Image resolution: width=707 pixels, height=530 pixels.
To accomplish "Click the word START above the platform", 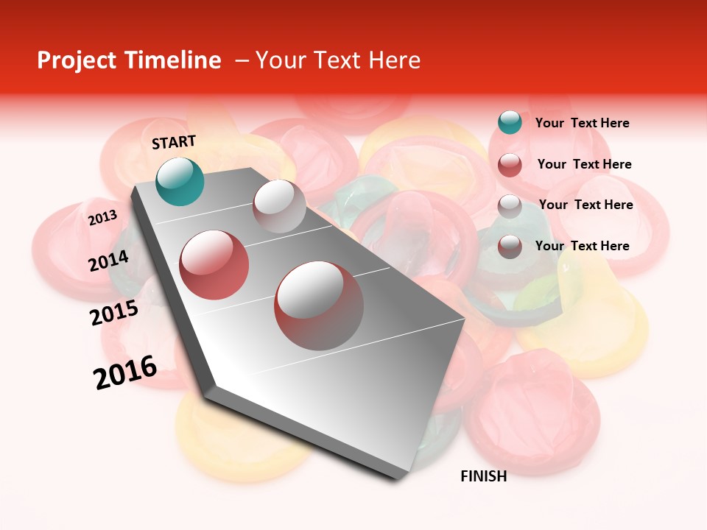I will [174, 142].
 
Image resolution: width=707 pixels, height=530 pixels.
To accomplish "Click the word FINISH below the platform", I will [484, 476].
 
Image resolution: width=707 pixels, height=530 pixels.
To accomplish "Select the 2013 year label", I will [102, 218].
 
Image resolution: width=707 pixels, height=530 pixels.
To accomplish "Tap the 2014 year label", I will [109, 261].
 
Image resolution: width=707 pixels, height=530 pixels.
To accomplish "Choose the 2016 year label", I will [125, 372].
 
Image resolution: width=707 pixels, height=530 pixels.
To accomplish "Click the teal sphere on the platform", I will [180, 181].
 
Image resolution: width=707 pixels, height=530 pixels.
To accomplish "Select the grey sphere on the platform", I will [279, 206].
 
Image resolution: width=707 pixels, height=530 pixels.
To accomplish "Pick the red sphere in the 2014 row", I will [214, 265].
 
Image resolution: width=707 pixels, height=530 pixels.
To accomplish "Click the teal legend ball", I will [510, 122].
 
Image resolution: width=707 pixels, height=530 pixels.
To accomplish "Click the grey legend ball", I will [510, 206].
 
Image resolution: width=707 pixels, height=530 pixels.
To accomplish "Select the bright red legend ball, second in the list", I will [510, 165].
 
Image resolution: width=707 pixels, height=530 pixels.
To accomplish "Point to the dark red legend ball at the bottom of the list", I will [510, 247].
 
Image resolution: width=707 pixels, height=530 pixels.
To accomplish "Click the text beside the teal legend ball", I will [582, 123].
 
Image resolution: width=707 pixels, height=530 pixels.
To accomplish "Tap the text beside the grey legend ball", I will [585, 205].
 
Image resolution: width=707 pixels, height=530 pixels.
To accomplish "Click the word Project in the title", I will [77, 60].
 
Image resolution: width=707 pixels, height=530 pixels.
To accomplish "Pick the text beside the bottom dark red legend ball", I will [582, 246].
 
